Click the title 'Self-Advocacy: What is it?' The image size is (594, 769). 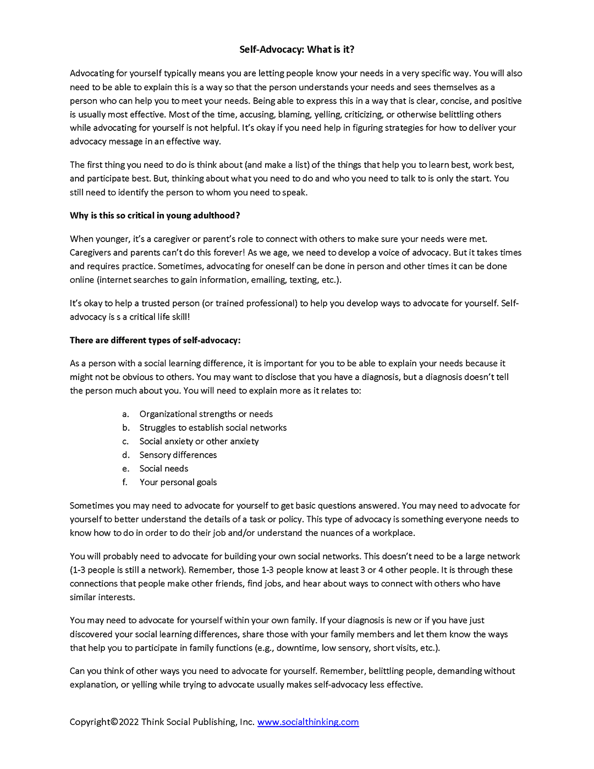pos(296,50)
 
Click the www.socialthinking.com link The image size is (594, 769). pos(308,722)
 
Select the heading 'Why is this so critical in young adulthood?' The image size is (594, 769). pos(155,216)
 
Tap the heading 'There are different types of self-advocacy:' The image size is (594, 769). pos(155,340)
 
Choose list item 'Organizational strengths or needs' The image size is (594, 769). pos(206,414)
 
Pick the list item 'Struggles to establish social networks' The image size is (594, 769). pos(213,427)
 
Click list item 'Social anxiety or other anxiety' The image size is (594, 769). pos(199,441)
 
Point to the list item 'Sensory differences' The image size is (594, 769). pos(178,455)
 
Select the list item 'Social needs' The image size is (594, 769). pos(163,469)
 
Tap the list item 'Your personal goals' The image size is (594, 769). pos(178,482)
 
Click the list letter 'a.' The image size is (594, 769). pos(125,414)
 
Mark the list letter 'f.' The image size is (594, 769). pos(125,482)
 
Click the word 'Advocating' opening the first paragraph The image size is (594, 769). pos(91,73)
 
